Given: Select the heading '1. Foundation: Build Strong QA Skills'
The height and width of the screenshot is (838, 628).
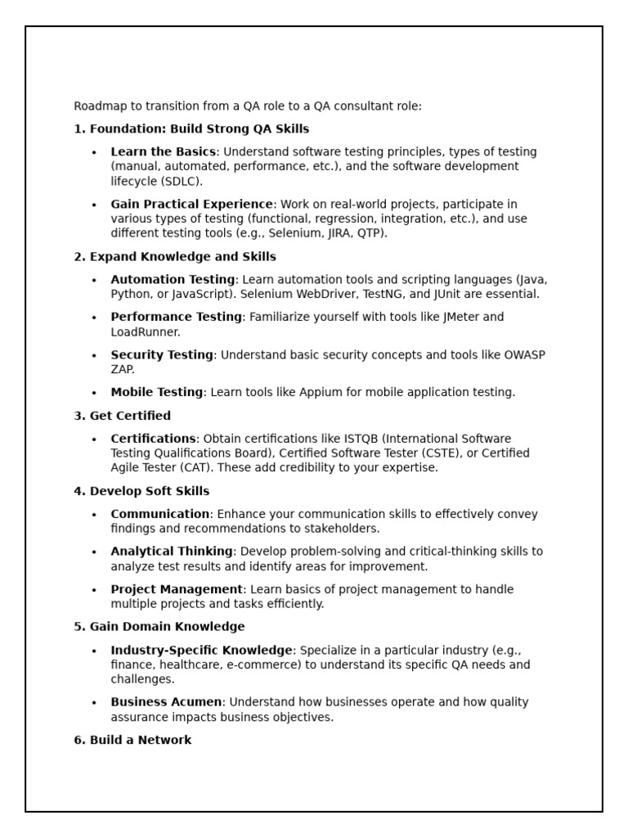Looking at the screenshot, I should pos(191,129).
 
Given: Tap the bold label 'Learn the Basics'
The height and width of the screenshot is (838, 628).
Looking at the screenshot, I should pos(164,152).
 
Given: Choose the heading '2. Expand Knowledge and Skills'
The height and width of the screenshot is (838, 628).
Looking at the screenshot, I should pos(175,257).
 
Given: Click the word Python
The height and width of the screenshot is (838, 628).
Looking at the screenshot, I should pos(132,295).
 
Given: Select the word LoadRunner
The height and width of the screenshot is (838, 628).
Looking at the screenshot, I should pos(146,332).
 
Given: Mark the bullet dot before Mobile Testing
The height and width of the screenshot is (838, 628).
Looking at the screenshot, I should pos(94,393).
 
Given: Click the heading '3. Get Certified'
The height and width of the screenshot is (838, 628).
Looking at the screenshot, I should pos(123,416).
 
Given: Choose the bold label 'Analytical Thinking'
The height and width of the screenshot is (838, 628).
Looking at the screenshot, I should pos(172,552).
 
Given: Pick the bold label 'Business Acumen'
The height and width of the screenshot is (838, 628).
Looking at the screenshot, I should pos(166,702).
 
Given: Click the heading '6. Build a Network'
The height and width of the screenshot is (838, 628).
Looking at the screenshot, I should pos(132,741).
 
